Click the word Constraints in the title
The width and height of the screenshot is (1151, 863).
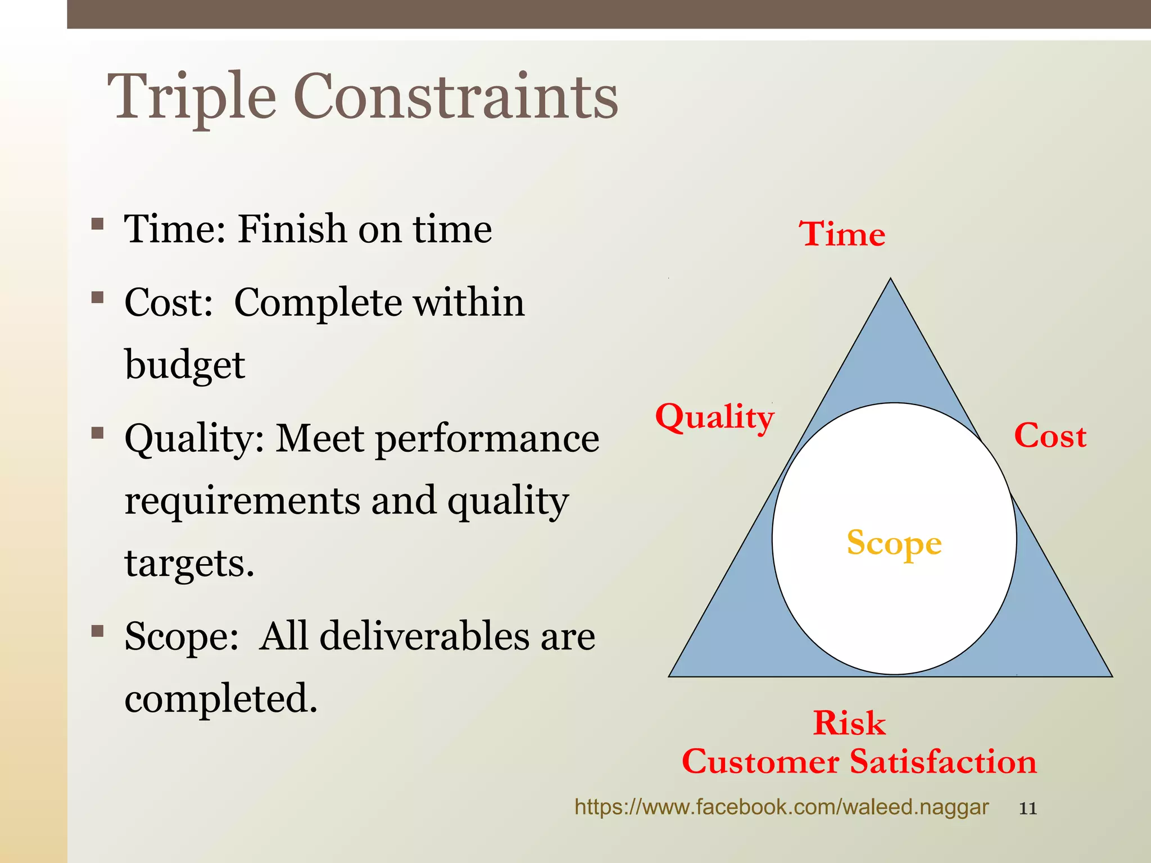pos(455,97)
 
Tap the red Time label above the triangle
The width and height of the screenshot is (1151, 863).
pos(842,234)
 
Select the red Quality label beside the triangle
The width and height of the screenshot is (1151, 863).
pos(714,418)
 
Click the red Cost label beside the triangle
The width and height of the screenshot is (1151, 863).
pos(1050,436)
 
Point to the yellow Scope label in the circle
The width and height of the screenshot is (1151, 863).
pos(894,543)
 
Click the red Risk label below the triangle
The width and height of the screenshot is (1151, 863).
pos(849,723)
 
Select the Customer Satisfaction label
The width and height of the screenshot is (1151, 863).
pos(859,762)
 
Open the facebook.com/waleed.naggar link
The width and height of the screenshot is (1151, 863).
pos(781,807)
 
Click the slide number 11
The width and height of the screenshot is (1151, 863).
pos(1027,809)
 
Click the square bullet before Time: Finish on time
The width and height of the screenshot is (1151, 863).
pos(98,225)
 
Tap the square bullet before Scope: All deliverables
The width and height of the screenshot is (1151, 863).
pos(98,632)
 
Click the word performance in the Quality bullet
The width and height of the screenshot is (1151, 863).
pos(487,438)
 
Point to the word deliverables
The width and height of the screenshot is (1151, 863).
pos(424,637)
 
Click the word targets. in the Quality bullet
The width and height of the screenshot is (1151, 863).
pos(189,563)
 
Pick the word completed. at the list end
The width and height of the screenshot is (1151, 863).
pos(221,698)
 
